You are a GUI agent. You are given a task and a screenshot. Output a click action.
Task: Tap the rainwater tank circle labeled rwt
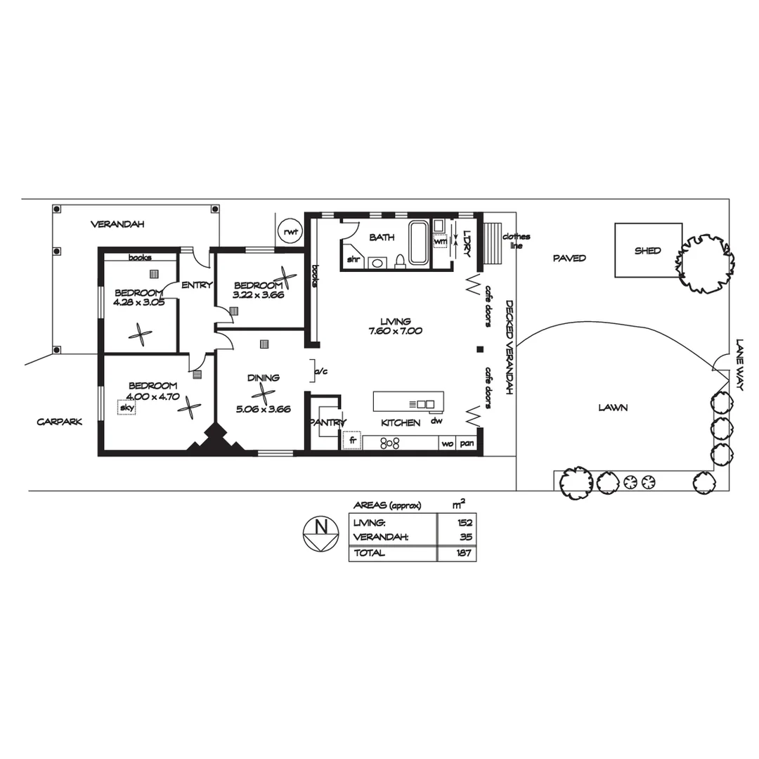pyautogui.click(x=289, y=231)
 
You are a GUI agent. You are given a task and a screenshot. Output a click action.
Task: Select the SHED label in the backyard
pyautogui.click(x=647, y=251)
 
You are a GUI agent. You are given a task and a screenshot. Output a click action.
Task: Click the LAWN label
pyautogui.click(x=613, y=407)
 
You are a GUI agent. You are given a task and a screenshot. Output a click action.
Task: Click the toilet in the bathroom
pyautogui.click(x=400, y=261)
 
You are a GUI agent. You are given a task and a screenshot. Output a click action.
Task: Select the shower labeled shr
pyautogui.click(x=352, y=259)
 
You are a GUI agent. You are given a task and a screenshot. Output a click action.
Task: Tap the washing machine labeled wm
pyautogui.click(x=441, y=241)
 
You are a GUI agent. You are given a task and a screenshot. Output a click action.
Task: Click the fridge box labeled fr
pyautogui.click(x=351, y=441)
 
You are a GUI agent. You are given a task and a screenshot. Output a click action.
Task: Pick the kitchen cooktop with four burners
pyautogui.click(x=390, y=443)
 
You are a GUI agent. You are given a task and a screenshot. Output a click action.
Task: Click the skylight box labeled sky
pyautogui.click(x=126, y=407)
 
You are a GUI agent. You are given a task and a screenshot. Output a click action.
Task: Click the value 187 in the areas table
pyautogui.click(x=464, y=553)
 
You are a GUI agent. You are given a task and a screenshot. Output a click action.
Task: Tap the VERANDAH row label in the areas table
pyautogui.click(x=380, y=538)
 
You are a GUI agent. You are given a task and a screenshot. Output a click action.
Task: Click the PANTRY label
pyautogui.click(x=326, y=422)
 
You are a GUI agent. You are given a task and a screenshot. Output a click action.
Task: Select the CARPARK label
pyautogui.click(x=60, y=422)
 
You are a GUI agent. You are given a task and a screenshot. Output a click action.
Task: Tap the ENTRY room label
pyautogui.click(x=197, y=285)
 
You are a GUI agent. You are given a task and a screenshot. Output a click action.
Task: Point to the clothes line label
pyautogui.click(x=517, y=241)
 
